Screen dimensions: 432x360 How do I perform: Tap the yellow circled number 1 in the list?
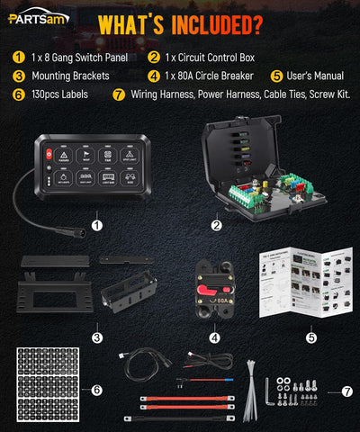(18, 58)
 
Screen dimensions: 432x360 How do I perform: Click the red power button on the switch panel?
(49, 153)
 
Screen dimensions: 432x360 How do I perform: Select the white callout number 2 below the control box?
(217, 226)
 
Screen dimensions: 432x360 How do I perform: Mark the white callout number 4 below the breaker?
(213, 338)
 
